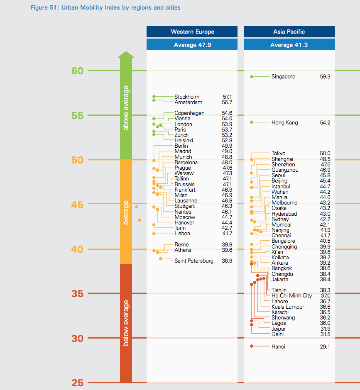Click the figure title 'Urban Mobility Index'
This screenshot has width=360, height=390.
click(x=105, y=8)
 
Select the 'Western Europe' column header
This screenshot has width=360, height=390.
click(x=192, y=32)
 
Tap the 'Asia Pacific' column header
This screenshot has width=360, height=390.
click(x=289, y=32)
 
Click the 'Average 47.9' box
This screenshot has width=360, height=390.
click(x=192, y=45)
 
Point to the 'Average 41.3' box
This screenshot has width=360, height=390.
click(x=289, y=45)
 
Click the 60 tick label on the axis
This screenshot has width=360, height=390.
click(x=77, y=71)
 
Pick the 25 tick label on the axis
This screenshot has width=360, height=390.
click(x=77, y=383)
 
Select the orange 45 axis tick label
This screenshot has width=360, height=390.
click(x=77, y=205)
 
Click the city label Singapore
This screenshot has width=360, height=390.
click(x=283, y=77)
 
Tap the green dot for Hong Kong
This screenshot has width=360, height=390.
click(x=252, y=122)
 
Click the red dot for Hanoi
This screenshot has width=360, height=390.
click(x=252, y=346)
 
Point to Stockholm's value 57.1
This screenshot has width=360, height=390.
click(x=227, y=97)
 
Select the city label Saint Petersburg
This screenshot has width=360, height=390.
click(x=194, y=261)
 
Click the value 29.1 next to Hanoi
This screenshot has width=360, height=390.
click(x=325, y=347)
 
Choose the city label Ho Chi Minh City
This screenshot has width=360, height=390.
click(x=291, y=296)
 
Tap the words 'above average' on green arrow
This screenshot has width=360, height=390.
click(x=126, y=108)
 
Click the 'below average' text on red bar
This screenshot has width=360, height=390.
click(x=126, y=323)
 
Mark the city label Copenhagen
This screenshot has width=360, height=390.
click(x=189, y=113)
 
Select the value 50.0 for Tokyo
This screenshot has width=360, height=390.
click(x=325, y=154)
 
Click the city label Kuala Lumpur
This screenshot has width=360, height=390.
click(x=288, y=307)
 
